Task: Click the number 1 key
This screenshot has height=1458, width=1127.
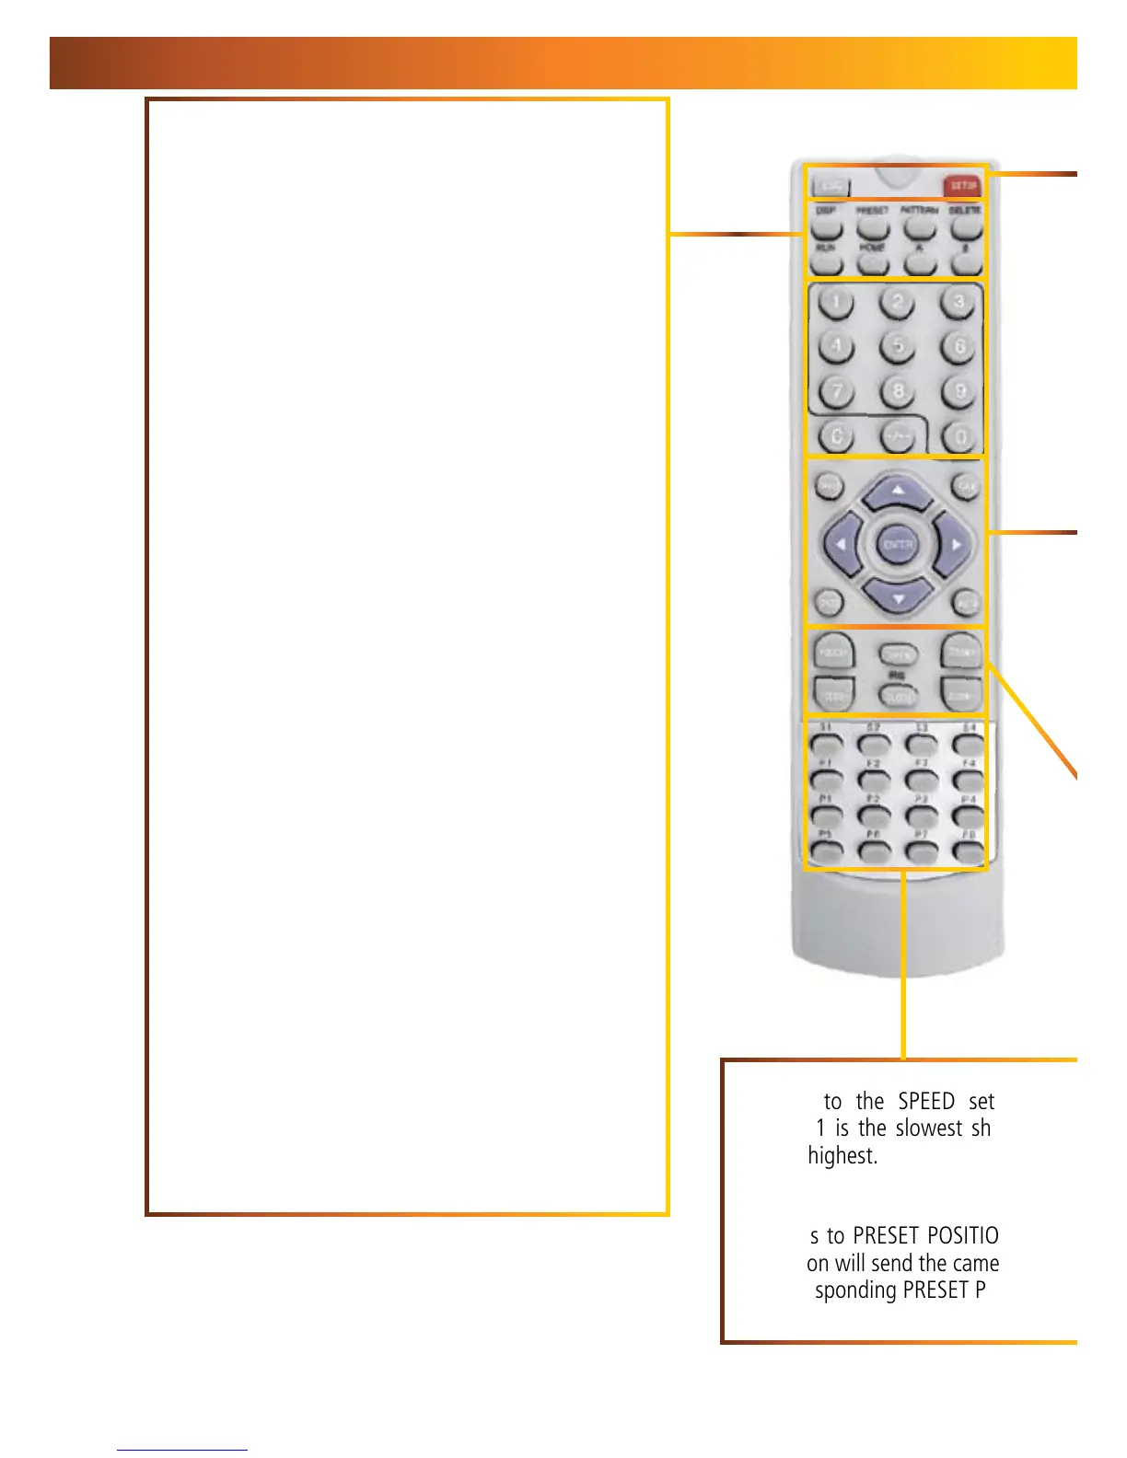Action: (836, 303)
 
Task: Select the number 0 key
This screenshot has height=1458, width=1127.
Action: (959, 438)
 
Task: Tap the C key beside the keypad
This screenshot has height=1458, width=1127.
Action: (836, 436)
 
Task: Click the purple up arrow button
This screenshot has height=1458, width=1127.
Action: (898, 493)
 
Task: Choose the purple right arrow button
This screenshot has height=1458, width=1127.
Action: (954, 545)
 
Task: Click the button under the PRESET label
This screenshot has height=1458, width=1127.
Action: (872, 228)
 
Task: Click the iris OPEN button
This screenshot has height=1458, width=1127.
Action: (898, 654)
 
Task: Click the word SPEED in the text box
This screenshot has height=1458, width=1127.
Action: (925, 1102)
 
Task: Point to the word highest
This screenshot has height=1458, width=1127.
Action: (842, 1156)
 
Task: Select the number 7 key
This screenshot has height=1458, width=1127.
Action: (836, 392)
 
